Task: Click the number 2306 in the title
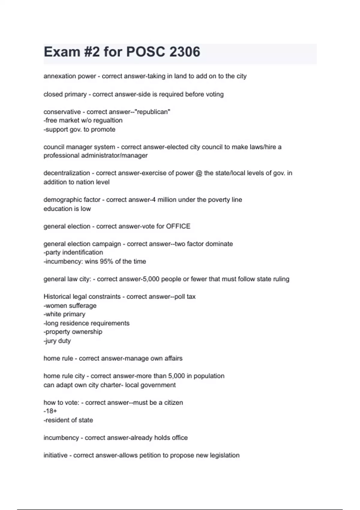pos(184,52)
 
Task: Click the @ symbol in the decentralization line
pos(199,173)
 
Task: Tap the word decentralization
pos(67,173)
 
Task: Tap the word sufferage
pos(83,306)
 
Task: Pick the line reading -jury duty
pos(57,341)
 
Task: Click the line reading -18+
pos(50,411)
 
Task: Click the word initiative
pos(55,455)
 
